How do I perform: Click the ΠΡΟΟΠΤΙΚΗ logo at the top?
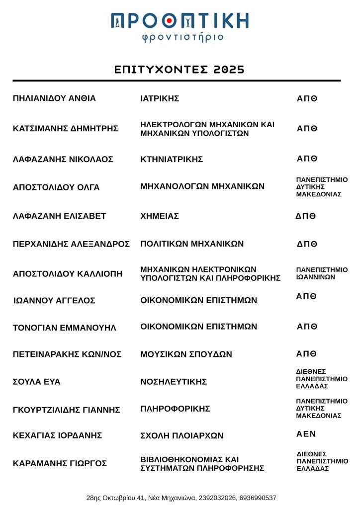click(x=180, y=20)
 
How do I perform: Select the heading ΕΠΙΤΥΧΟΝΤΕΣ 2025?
click(x=180, y=70)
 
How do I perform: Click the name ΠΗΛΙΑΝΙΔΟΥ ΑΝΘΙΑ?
click(x=54, y=98)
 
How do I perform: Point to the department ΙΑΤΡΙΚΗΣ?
click(x=160, y=98)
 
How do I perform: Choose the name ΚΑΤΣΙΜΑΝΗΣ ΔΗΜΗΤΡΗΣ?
click(x=66, y=129)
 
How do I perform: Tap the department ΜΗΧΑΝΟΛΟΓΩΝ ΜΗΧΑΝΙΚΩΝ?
click(x=202, y=187)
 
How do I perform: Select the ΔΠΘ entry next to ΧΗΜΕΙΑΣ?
click(x=306, y=216)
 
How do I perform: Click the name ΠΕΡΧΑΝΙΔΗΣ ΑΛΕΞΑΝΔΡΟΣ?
click(x=71, y=244)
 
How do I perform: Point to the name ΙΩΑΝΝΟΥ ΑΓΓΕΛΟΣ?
click(x=54, y=301)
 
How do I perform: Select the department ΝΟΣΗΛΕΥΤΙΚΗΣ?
click(x=174, y=382)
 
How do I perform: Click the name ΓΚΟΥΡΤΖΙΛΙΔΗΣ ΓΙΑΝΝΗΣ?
click(x=67, y=410)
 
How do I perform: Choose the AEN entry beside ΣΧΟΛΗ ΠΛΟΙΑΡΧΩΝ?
click(x=306, y=434)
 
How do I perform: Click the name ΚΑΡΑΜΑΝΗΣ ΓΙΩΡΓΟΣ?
click(x=60, y=464)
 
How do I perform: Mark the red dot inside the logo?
click(x=169, y=20)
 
